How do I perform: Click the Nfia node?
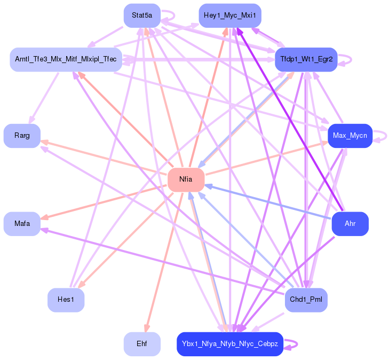186,179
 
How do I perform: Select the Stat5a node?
142,15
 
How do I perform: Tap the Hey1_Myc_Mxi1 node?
230,15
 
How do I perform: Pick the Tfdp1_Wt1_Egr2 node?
306,60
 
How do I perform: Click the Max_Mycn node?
350,136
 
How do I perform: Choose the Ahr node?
350,224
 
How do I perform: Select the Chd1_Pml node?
306,300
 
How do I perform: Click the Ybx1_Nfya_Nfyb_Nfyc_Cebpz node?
230,344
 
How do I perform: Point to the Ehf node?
142,344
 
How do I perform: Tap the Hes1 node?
66,300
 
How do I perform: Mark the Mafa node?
22,224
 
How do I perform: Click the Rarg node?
22,136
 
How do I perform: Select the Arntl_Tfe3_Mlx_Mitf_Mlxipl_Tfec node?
66,60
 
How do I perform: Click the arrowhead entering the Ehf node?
147,328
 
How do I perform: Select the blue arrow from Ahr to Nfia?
269,202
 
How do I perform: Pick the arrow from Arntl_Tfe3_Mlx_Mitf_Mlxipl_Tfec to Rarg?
44,98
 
